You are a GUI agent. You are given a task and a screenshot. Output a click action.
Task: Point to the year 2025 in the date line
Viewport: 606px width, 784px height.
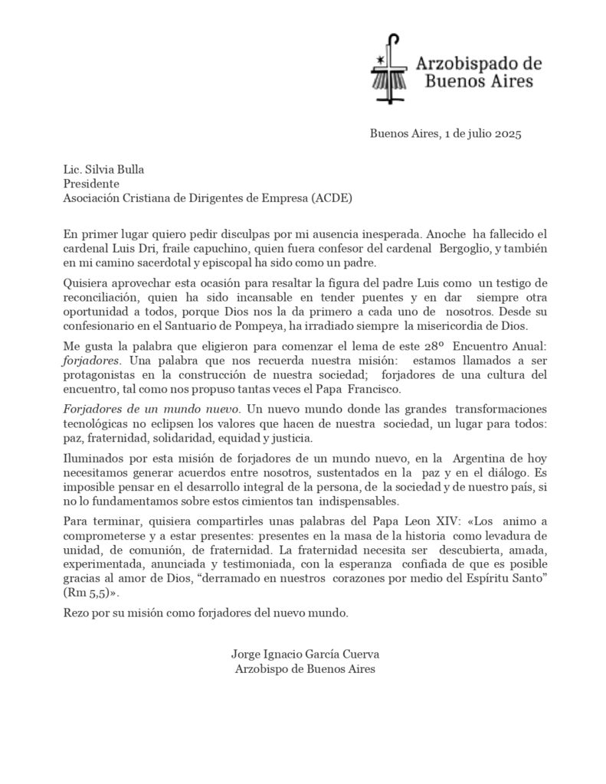pyautogui.click(x=507, y=135)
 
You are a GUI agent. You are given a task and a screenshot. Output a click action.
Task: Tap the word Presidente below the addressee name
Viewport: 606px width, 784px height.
pyautogui.click(x=91, y=184)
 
